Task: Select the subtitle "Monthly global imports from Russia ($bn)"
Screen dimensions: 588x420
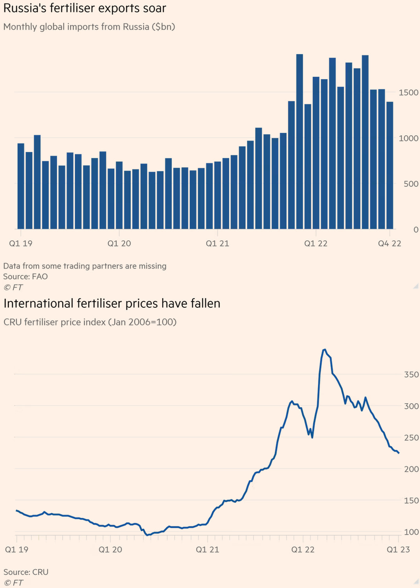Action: coord(89,26)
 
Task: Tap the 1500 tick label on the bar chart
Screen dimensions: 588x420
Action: coord(409,93)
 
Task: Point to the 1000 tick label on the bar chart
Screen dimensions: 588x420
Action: coord(409,138)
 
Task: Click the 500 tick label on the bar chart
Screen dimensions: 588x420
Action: coord(411,184)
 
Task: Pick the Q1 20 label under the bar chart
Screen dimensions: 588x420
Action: coord(119,243)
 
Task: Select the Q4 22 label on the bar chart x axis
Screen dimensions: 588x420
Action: coord(390,243)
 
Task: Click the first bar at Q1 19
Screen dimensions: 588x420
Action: coord(21,186)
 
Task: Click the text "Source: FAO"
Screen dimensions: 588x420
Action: coord(25,276)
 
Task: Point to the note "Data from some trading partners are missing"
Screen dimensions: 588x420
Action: coord(85,266)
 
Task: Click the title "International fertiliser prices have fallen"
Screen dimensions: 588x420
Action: coord(112,304)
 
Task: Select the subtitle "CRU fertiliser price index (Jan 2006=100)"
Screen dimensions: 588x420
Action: coord(90,322)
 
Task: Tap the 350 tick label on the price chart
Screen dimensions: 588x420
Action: coord(411,375)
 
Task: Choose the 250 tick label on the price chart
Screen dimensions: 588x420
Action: coord(411,438)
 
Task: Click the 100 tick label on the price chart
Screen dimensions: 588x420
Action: coord(411,532)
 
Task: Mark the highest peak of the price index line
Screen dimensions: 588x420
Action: coord(324,349)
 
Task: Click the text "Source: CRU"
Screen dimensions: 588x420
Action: coord(26,572)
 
